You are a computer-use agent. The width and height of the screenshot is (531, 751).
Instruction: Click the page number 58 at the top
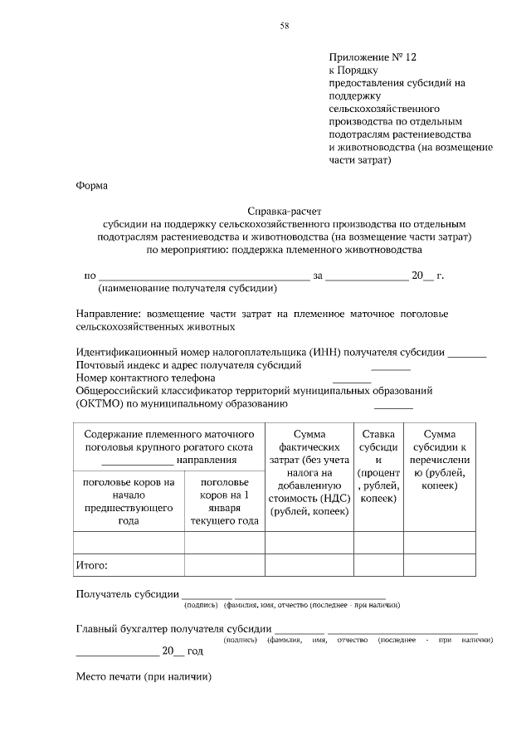point(285,27)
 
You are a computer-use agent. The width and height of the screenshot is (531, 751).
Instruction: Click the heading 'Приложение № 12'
point(372,57)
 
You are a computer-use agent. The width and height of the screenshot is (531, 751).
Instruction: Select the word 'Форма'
point(91,186)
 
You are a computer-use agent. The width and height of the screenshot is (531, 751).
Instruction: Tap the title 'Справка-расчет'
point(283,212)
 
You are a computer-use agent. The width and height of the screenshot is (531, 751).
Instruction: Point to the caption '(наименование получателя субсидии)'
point(188,289)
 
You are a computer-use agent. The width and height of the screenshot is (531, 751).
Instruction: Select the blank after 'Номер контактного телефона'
point(351,378)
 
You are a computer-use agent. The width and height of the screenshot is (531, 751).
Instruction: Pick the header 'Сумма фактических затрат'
point(309,472)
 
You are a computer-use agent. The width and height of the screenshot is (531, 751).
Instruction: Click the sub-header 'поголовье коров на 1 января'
point(224,501)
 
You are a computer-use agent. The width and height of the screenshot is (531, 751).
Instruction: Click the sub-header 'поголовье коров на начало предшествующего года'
point(129,501)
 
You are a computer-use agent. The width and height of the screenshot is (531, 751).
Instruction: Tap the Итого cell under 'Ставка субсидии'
point(378,565)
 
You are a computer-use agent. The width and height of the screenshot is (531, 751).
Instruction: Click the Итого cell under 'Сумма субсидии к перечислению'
point(440,565)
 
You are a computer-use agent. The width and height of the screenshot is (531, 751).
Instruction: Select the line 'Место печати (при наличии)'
point(144,676)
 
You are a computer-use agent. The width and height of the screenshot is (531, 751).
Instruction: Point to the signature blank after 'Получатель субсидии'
point(207,595)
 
